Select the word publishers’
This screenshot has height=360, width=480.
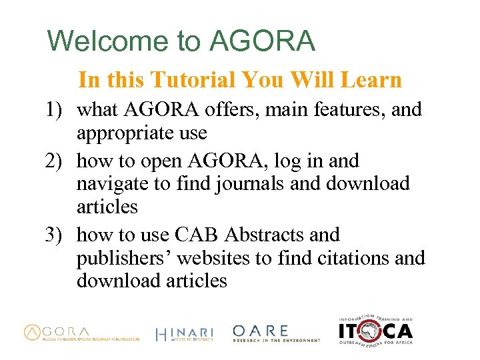coord(127,258)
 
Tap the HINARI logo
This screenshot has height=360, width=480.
coord(184,334)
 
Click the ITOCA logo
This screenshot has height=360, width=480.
coord(375,329)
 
